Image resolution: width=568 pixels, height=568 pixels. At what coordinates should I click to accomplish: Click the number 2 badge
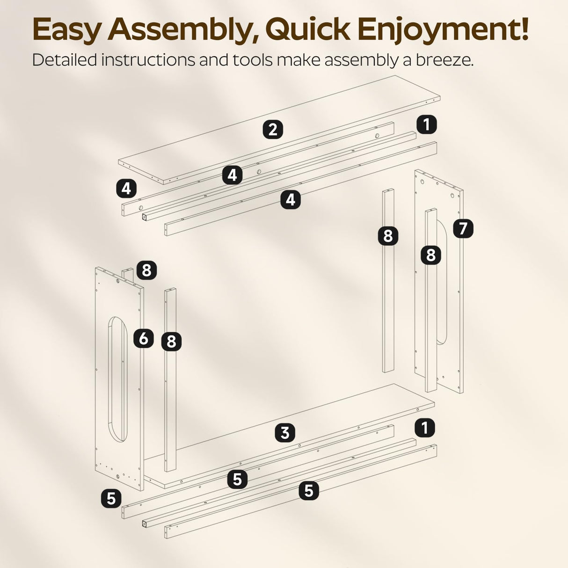click(273, 130)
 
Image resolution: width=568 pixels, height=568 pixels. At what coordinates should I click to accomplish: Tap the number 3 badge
click(285, 433)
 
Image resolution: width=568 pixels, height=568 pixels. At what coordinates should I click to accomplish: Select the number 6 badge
click(144, 338)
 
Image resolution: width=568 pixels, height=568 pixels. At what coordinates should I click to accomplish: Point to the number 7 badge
click(463, 228)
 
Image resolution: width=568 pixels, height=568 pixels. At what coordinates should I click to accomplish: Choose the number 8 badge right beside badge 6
click(171, 342)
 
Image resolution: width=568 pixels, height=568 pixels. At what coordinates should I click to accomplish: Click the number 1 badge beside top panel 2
click(427, 124)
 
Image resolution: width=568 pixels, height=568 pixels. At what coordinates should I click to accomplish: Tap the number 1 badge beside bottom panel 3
click(425, 428)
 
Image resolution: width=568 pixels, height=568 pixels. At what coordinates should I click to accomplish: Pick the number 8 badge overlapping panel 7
click(431, 255)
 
